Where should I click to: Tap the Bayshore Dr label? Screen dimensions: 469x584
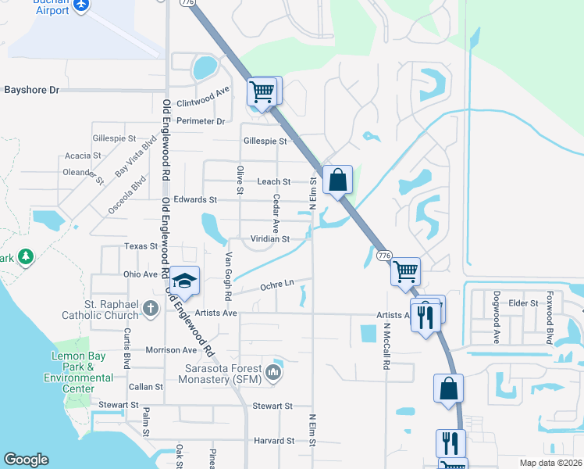[32, 90]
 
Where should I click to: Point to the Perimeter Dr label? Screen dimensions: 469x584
[201, 121]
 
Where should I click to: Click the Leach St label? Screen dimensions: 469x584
[274, 181]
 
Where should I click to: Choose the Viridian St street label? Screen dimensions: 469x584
[270, 238]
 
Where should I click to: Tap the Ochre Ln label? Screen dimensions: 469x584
[277, 283]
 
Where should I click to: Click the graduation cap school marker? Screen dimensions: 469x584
[186, 281]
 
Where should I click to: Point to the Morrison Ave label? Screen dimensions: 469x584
[170, 349]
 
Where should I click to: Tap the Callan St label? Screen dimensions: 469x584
[146, 386]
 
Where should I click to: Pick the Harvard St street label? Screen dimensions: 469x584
[274, 441]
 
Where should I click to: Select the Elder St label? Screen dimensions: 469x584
[523, 303]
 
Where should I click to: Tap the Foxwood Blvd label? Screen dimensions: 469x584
[550, 318]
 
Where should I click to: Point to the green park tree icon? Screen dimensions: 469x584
[26, 257]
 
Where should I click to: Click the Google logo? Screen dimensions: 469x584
[26, 460]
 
